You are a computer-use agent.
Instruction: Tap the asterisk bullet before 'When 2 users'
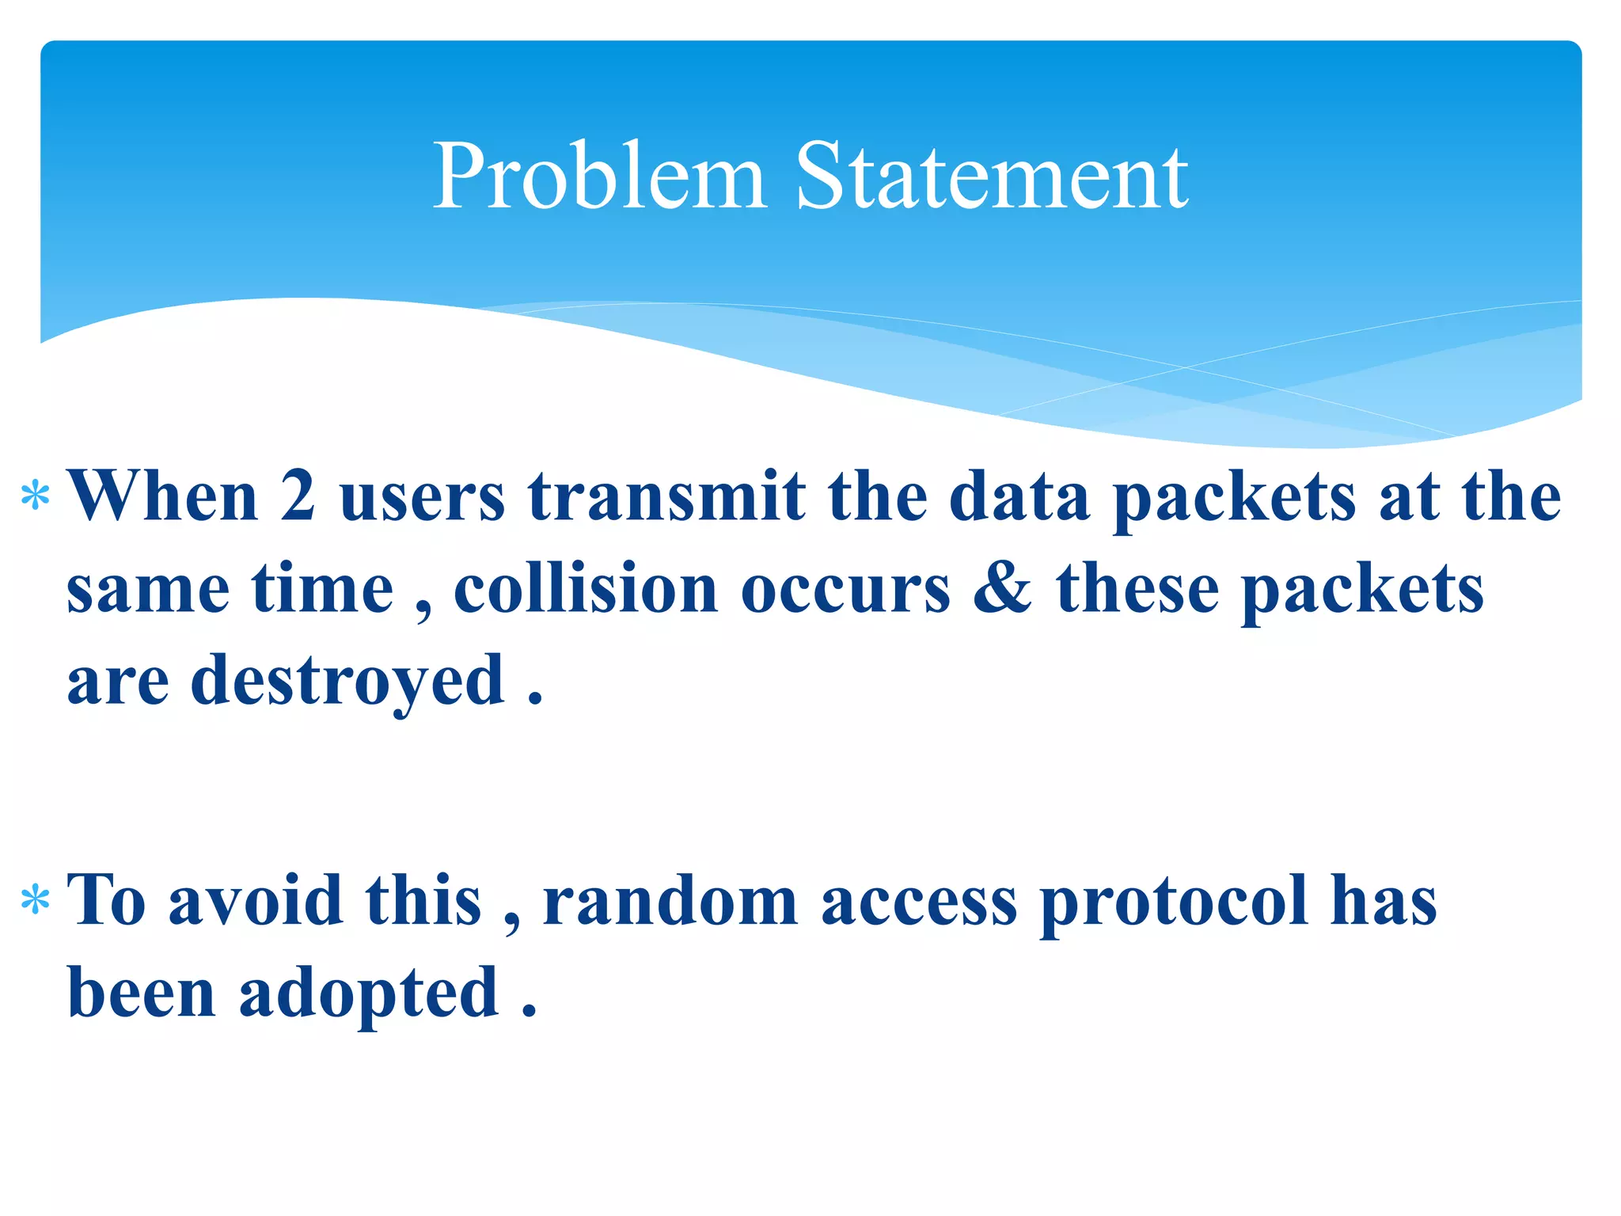36,497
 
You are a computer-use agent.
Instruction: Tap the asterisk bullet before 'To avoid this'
36,901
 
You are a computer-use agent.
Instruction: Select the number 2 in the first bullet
298,497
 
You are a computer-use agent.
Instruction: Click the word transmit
666,497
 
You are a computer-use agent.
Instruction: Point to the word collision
586,590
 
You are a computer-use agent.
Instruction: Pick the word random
670,901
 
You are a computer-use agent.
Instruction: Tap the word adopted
369,994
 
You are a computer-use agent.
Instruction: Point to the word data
1019,497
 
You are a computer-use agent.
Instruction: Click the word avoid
256,901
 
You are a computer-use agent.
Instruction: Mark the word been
142,993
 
